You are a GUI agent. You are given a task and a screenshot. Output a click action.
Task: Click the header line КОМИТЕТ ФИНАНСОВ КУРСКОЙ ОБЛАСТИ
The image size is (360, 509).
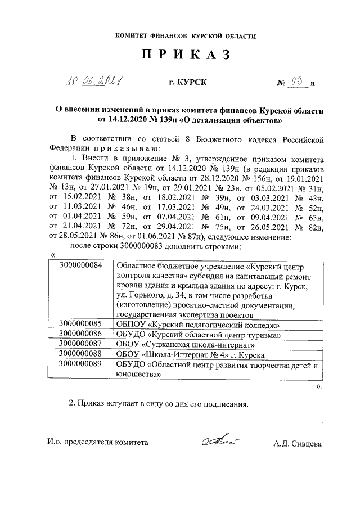[185, 36]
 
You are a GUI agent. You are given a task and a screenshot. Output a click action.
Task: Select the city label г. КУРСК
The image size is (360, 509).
[188, 83]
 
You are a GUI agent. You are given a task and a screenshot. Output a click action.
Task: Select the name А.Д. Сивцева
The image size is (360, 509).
[297, 443]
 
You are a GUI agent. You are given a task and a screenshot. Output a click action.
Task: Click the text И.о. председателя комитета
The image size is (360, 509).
[98, 442]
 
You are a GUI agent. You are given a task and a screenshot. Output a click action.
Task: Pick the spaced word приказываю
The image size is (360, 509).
[123, 148]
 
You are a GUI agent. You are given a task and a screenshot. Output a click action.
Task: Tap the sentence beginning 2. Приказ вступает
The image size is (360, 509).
[158, 403]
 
